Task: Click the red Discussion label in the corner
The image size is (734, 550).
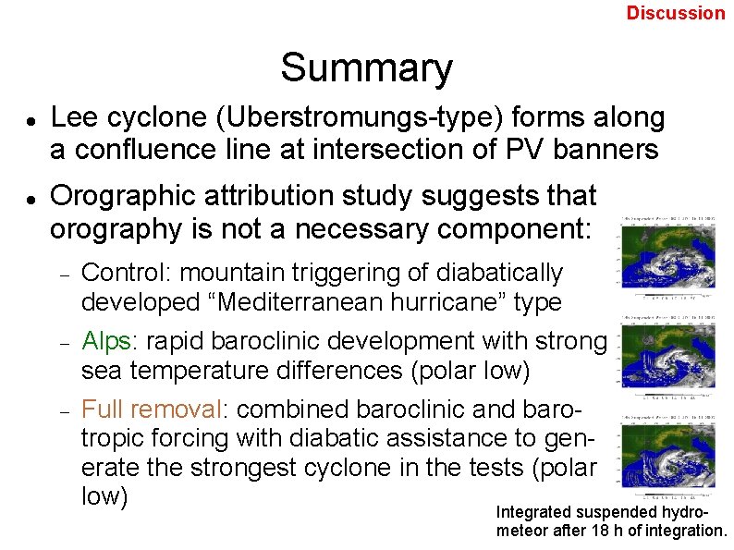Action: (676, 13)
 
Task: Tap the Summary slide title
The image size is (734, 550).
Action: (366, 68)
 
